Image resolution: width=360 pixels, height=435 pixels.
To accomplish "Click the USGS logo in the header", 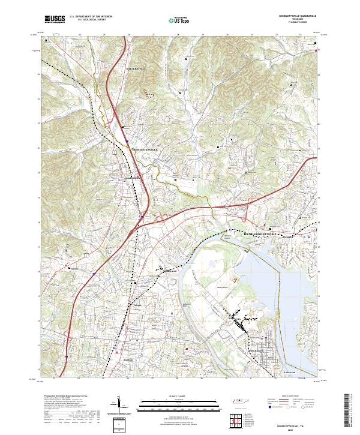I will [x=55, y=19].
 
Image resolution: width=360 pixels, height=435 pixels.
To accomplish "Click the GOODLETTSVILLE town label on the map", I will [x=144, y=148].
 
